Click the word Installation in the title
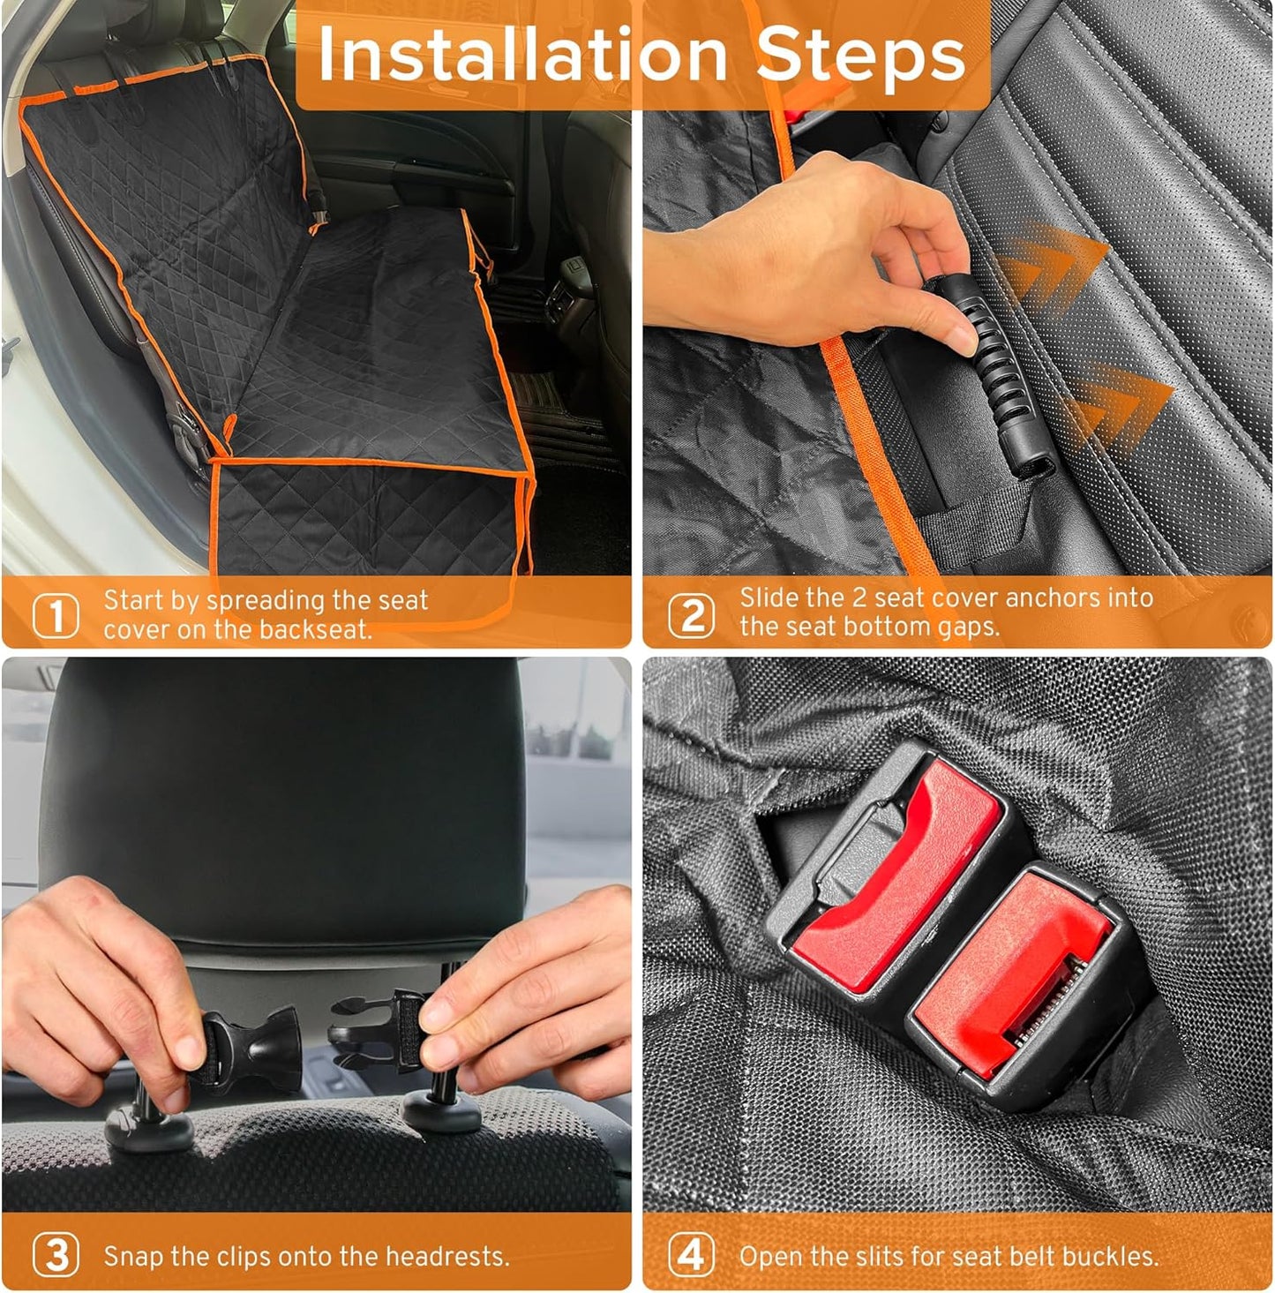pyautogui.click(x=521, y=55)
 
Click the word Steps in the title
pyautogui.click(x=860, y=55)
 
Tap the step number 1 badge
pyautogui.click(x=56, y=616)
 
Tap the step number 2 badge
pyautogui.click(x=692, y=615)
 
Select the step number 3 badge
pyautogui.click(x=56, y=1255)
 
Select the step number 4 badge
pyautogui.click(x=692, y=1254)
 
